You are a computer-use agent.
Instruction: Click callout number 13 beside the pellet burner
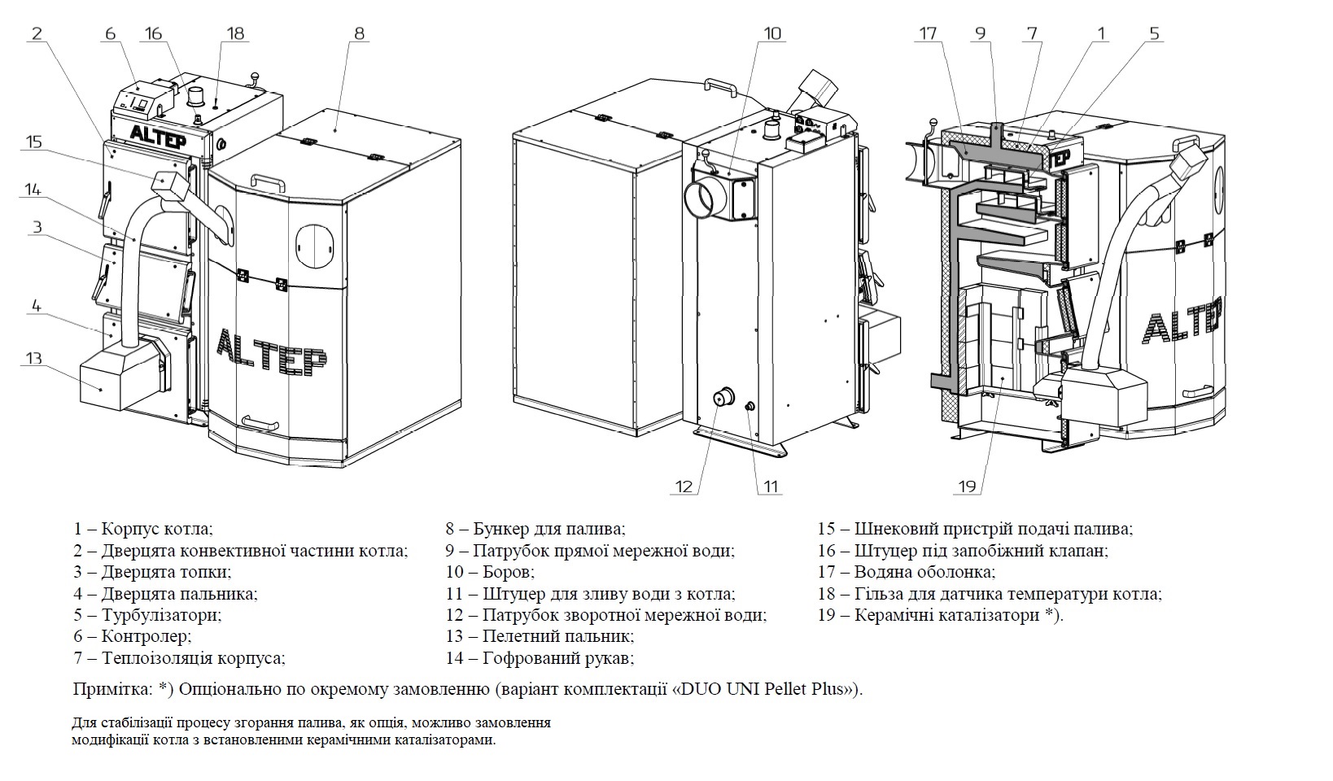tap(34, 359)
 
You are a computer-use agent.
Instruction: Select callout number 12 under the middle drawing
tap(684, 486)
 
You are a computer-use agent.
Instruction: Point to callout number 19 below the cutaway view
tap(967, 486)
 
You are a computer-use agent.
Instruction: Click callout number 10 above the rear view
tap(771, 33)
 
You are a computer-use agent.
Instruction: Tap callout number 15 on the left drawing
tap(33, 142)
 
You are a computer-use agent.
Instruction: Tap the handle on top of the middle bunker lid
tap(720, 85)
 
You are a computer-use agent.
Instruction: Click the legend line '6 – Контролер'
tap(133, 636)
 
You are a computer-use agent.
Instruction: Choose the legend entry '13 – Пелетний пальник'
tap(540, 636)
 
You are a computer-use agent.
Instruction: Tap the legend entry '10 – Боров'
tap(490, 572)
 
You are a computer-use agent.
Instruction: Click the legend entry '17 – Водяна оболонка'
tap(907, 572)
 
